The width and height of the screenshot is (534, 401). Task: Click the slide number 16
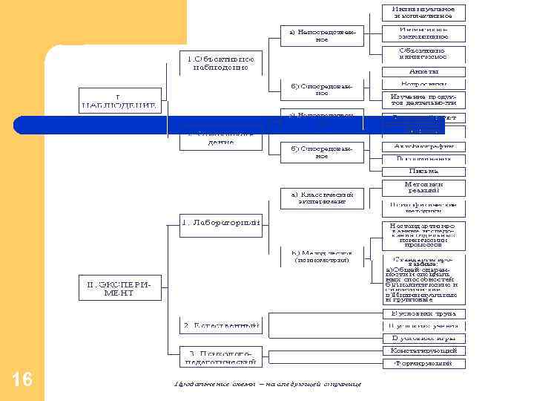tap(22, 380)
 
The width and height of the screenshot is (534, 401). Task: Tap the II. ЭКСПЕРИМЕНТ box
tap(119, 288)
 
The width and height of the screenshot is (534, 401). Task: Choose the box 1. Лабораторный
tap(221, 221)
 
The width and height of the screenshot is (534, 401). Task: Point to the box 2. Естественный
tap(221, 325)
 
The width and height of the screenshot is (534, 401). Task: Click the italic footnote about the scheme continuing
tap(268, 384)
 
